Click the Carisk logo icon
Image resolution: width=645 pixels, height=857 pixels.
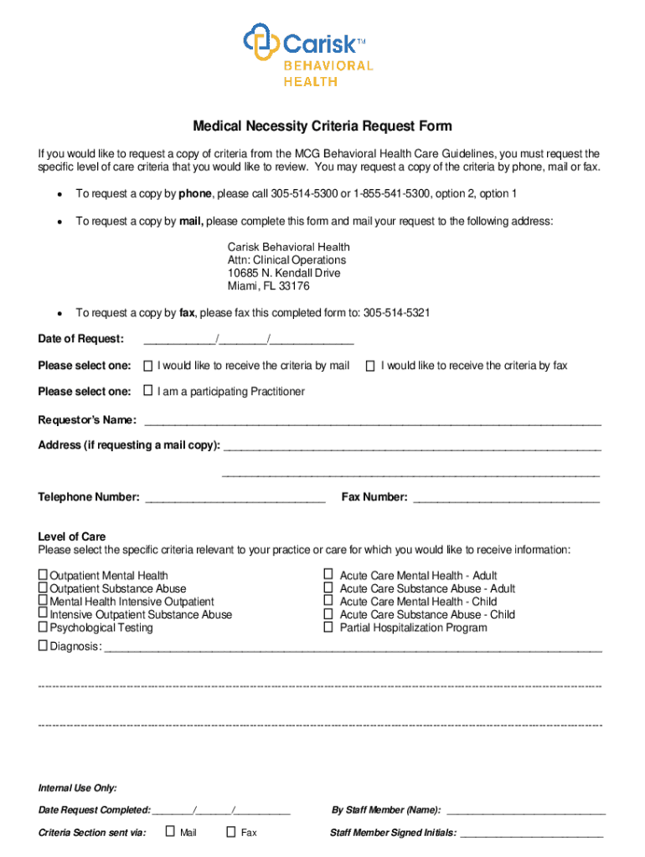coord(261,41)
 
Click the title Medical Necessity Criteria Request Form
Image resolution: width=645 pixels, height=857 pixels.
coord(322,126)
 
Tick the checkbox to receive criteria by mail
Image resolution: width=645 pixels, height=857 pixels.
coord(147,366)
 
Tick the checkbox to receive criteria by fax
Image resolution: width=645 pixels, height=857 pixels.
coord(369,366)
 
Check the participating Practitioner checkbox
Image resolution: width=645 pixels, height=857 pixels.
coord(147,391)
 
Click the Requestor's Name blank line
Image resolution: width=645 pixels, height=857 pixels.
coord(373,420)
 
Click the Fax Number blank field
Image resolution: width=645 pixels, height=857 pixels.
coord(506,498)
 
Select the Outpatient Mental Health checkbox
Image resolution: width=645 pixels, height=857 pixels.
coord(44,575)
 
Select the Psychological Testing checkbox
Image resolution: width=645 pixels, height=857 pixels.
coord(44,627)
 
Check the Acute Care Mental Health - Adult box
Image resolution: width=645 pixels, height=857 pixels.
coord(328,575)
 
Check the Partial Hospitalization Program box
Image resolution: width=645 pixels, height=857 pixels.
coord(328,627)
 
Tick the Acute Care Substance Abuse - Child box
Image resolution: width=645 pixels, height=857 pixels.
coord(328,614)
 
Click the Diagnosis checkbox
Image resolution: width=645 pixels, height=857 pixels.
coord(44,646)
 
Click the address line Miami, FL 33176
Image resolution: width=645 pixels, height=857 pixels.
coord(268,286)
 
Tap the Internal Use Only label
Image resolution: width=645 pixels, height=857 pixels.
coord(77,788)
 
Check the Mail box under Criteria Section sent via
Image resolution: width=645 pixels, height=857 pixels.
coord(170,832)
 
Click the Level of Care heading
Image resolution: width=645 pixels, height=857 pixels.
coord(72,536)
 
